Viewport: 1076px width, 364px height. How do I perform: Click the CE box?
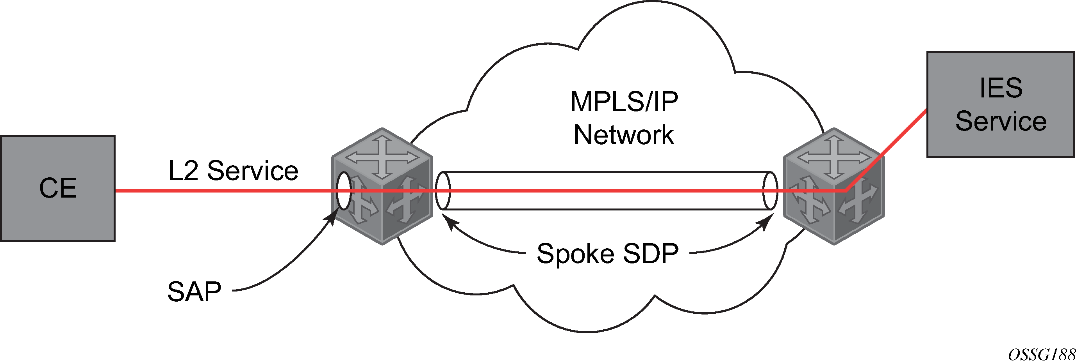tap(58, 188)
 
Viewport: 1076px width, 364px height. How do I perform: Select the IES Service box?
tap(1000, 104)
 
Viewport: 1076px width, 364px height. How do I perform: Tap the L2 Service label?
tap(233, 171)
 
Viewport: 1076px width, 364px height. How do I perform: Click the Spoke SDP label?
tap(607, 253)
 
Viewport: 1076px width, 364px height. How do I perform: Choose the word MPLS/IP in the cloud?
tap(624, 101)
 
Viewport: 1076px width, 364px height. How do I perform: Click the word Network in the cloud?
tap(624, 135)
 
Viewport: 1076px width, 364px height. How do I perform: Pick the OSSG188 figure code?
tap(1041, 354)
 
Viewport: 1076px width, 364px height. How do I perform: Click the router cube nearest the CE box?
tap(382, 186)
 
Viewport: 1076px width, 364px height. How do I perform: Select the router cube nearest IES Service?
tap(834, 186)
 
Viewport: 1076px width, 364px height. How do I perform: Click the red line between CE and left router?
tap(221, 191)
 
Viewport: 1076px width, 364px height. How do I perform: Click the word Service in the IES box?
tap(1001, 121)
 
